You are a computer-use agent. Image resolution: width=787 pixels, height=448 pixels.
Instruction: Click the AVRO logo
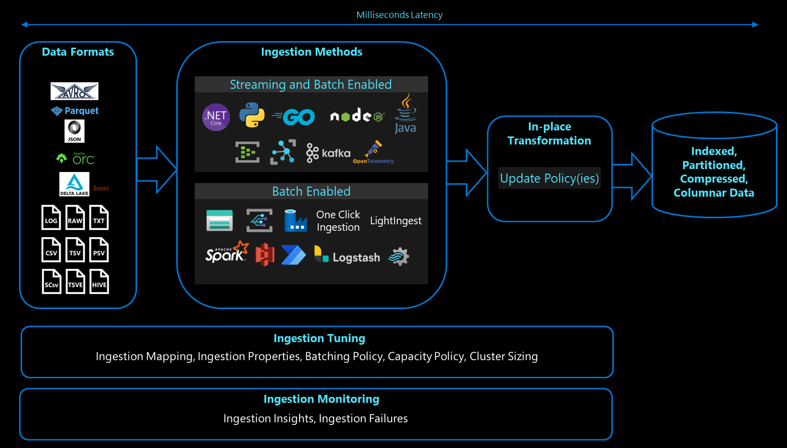pyautogui.click(x=74, y=91)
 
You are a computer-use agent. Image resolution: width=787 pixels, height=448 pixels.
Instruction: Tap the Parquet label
pyautogui.click(x=75, y=111)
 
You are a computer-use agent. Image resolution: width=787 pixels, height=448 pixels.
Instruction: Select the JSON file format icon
pyautogui.click(x=74, y=131)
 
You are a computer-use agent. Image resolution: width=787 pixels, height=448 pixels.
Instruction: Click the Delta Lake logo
pyautogui.click(x=74, y=184)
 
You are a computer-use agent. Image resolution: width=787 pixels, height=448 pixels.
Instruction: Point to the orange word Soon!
pyautogui.click(x=101, y=189)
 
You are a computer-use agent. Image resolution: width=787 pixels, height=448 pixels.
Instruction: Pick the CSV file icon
pyautogui.click(x=51, y=249)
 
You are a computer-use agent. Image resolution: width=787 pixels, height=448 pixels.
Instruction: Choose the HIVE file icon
pyautogui.click(x=99, y=281)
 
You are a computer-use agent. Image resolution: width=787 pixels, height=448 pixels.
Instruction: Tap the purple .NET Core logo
pyautogui.click(x=216, y=117)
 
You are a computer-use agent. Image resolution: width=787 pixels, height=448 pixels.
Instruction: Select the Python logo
pyautogui.click(x=252, y=115)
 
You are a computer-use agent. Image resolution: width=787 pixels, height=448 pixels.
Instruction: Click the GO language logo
pyautogui.click(x=294, y=117)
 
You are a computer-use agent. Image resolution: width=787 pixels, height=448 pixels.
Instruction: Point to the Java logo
pyautogui.click(x=405, y=114)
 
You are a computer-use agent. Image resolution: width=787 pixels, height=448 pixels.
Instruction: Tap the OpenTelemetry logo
pyautogui.click(x=373, y=153)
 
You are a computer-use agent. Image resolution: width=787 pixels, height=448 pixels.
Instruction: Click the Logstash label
pyautogui.click(x=356, y=257)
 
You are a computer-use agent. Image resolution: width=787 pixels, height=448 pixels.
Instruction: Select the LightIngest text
pyautogui.click(x=396, y=221)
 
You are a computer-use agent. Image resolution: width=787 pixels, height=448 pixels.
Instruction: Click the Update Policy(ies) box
pyautogui.click(x=549, y=178)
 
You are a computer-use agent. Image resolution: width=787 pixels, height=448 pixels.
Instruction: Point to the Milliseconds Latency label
pyautogui.click(x=400, y=15)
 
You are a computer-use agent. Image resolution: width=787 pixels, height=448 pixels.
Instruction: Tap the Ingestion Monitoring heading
pyautogui.click(x=321, y=399)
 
